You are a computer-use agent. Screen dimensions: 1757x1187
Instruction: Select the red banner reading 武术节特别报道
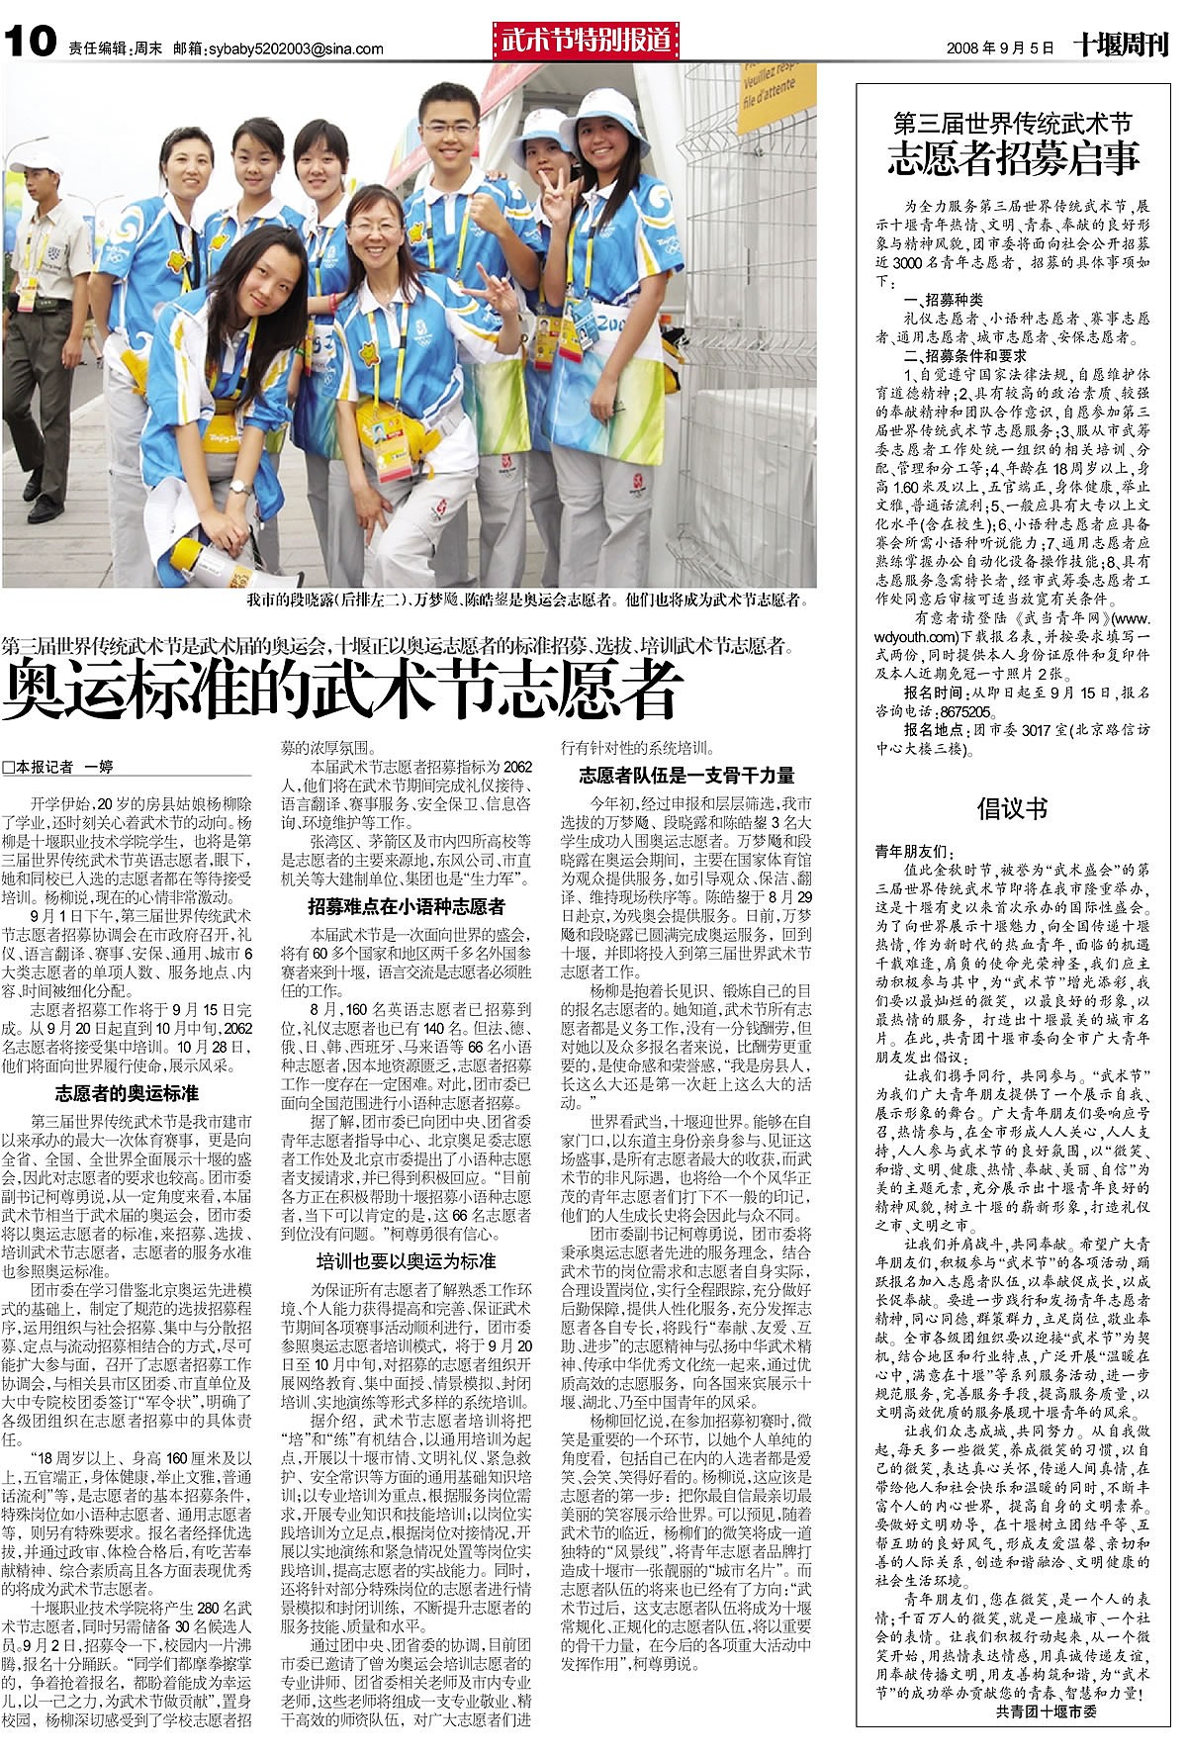point(585,41)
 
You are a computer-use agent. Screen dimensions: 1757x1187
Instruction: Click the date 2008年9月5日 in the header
point(1000,47)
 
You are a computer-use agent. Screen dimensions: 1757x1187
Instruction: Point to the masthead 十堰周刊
point(1121,45)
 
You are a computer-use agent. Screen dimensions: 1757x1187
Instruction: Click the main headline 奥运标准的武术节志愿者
point(342,691)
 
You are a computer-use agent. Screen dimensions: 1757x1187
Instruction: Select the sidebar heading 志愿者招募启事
point(1013,158)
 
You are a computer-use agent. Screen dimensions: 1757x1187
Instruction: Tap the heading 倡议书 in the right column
point(1012,808)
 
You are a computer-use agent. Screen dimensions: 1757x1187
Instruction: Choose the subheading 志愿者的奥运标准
point(127,1093)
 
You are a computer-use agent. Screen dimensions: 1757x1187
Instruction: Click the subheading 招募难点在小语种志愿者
point(406,906)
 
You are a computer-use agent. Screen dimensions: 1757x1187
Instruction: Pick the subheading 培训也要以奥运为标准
point(406,1261)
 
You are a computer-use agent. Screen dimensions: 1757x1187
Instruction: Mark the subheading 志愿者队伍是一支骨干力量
point(686,775)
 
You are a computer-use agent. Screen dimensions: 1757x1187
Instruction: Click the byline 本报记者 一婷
point(59,767)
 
